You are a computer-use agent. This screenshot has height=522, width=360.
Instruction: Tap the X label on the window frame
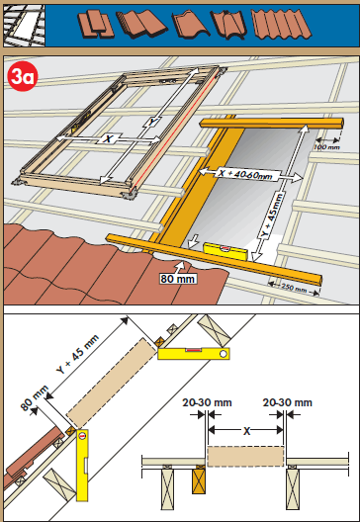107,138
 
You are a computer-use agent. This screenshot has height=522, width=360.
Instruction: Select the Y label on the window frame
152,122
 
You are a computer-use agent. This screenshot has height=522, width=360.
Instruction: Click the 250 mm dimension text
294,288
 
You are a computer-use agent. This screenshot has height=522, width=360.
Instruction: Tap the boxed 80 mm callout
177,279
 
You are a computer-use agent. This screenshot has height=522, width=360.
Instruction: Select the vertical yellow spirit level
82,465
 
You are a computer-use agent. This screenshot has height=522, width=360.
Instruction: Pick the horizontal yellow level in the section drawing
194,353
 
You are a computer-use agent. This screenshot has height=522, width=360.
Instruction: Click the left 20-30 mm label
207,402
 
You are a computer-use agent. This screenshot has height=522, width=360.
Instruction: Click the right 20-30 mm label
288,402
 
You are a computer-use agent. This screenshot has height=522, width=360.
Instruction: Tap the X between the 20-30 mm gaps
246,431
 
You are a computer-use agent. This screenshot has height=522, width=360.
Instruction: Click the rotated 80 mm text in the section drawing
35,398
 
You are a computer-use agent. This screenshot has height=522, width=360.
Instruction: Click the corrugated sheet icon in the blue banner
282,24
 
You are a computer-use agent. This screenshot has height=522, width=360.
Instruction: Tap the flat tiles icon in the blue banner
96,24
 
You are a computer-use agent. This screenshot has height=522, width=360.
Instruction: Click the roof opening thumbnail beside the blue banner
24,26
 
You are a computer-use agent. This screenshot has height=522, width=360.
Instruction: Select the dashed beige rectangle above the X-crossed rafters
245,456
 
